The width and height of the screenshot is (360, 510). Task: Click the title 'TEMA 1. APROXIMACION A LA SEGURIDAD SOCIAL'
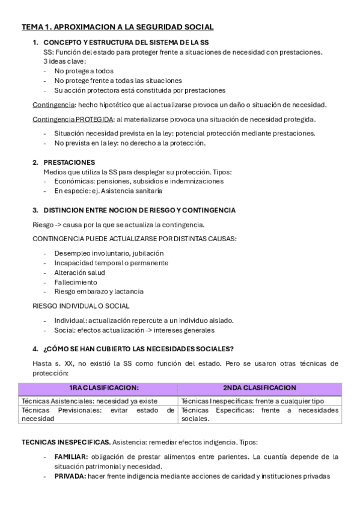117,27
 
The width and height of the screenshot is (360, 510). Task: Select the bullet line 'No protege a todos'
84,71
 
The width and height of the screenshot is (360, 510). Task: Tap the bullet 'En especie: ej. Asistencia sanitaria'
108,191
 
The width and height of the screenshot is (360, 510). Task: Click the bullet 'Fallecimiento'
75,282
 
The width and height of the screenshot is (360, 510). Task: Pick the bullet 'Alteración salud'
80,272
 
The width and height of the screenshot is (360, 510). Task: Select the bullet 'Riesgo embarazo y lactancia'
99,292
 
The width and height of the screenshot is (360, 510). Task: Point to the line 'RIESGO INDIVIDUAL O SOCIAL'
81,306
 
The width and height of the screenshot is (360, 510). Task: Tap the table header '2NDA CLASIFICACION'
260,388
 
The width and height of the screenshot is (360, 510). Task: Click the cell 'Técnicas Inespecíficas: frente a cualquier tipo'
252,401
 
